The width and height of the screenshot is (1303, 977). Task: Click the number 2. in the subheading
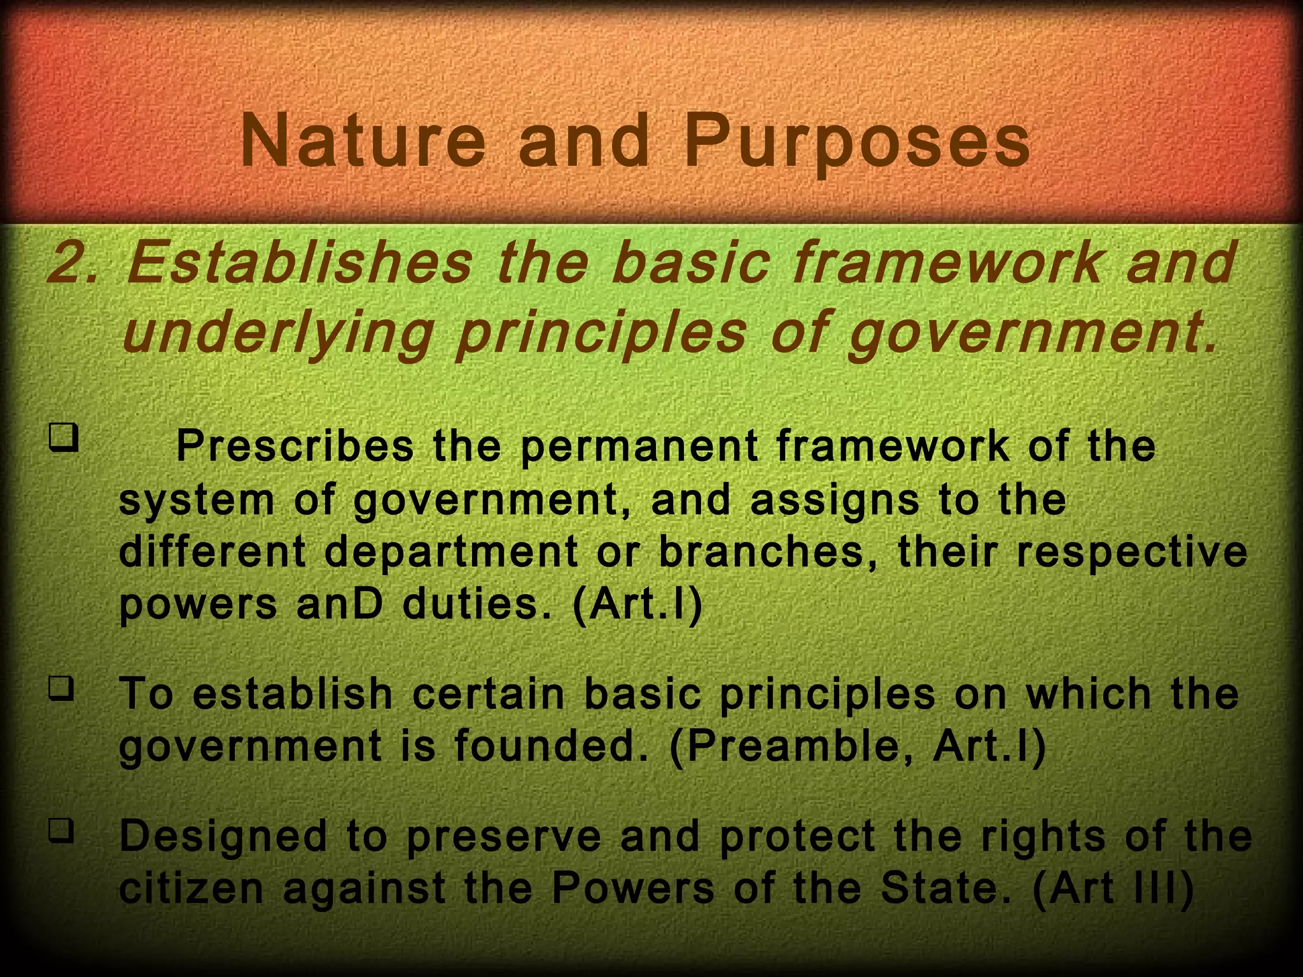(73, 263)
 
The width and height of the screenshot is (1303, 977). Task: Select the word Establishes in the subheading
(299, 263)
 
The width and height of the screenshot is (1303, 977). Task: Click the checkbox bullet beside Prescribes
(64, 438)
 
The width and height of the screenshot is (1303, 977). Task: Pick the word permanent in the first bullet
(639, 447)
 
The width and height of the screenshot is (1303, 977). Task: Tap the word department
(451, 551)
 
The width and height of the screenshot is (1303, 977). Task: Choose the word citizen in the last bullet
(192, 889)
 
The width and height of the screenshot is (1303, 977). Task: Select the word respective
(1132, 551)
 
